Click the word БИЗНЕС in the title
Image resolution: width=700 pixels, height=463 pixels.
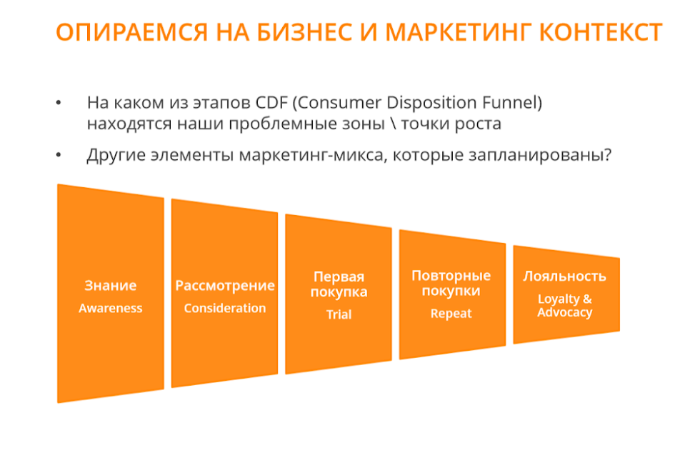tap(304, 33)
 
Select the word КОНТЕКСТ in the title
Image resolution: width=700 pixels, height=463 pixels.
tap(601, 33)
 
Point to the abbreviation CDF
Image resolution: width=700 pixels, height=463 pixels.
tap(271, 103)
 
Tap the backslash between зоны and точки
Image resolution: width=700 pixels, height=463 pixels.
tap(393, 123)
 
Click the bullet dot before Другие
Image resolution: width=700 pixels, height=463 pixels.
tap(59, 155)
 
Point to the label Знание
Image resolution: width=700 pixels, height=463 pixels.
tap(111, 285)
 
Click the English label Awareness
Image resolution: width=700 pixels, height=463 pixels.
tap(111, 308)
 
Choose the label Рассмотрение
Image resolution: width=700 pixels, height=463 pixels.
tap(224, 286)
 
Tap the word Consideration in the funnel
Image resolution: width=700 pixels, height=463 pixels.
tap(224, 308)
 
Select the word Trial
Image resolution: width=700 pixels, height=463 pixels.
tap(339, 314)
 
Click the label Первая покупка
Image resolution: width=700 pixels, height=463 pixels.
tap(339, 284)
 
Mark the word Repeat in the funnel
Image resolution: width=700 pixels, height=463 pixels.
tap(451, 314)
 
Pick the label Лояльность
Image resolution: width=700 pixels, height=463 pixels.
tap(565, 277)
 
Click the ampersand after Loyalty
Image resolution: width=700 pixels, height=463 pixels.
tap(587, 299)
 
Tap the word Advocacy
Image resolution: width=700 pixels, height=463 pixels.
tap(565, 312)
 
